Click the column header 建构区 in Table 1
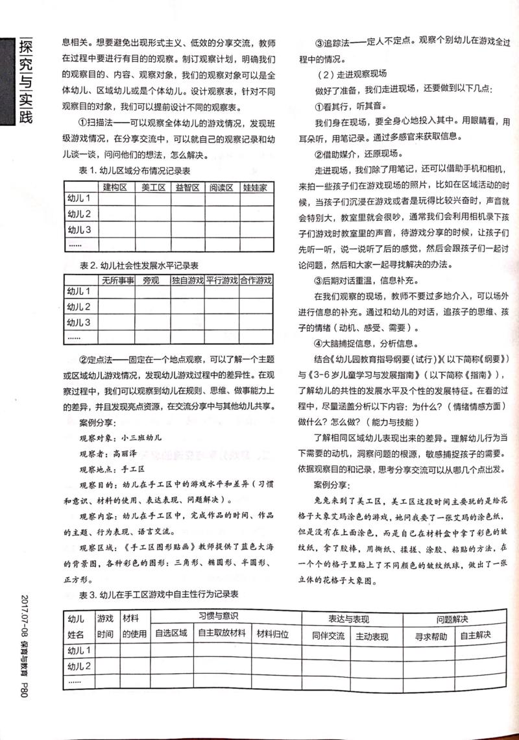point(114,188)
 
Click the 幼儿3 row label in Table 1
point(79,230)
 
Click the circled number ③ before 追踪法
point(319,42)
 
